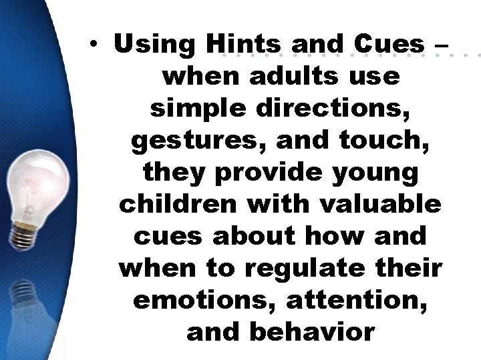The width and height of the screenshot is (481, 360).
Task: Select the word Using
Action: coord(155,45)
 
